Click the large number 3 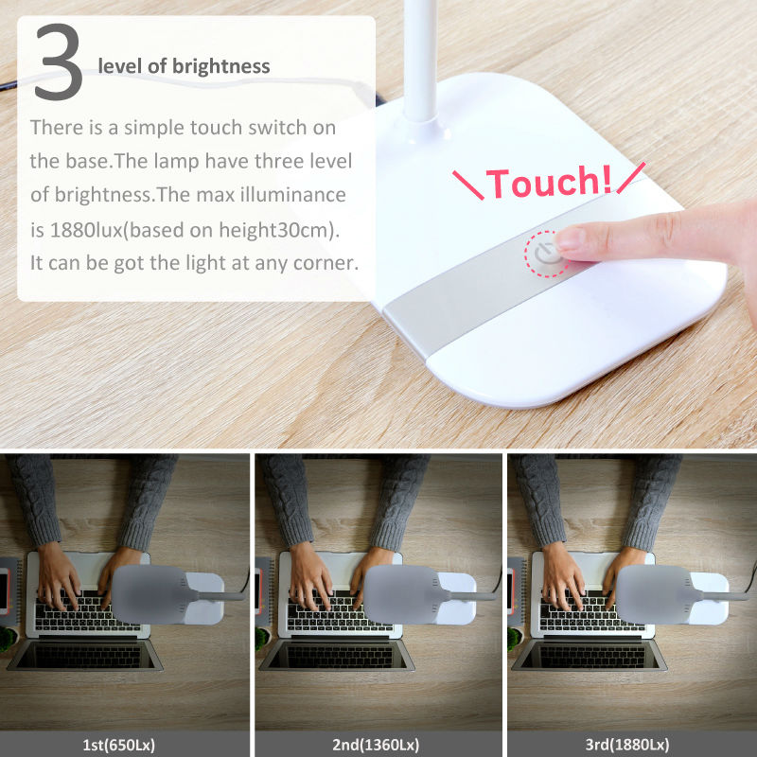click(x=59, y=62)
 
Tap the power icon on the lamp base click(x=546, y=254)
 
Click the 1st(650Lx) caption click(x=119, y=745)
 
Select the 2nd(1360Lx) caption click(x=376, y=745)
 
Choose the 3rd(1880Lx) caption click(x=627, y=745)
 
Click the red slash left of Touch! click(x=468, y=185)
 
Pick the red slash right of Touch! click(x=631, y=178)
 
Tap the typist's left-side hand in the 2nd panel click(x=309, y=573)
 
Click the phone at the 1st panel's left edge click(x=4, y=590)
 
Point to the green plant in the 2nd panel click(x=261, y=638)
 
